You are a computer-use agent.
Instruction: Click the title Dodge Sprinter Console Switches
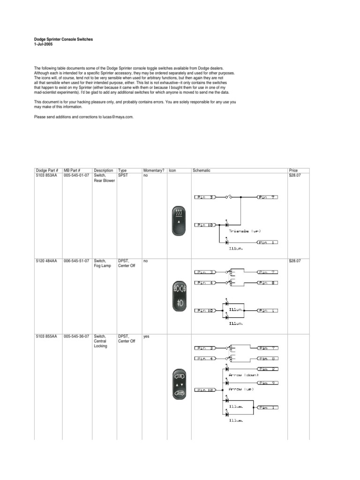64,40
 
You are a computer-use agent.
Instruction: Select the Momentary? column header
154,171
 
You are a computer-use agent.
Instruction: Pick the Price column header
293,171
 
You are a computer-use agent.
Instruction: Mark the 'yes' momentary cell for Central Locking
146,337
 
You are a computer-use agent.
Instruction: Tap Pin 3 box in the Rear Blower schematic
206,197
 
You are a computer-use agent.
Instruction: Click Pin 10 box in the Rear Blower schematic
206,225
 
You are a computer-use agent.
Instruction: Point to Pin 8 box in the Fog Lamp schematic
268,283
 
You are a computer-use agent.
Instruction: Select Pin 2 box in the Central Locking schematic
268,369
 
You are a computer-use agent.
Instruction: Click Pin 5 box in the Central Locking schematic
268,383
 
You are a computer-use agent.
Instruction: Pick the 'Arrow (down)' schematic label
243,375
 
